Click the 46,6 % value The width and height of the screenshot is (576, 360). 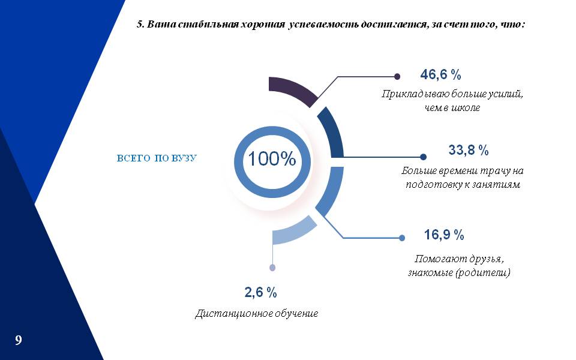(440, 75)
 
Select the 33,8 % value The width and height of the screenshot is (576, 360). (469, 150)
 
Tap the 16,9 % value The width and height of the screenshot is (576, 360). (444, 235)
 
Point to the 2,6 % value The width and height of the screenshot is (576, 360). (260, 292)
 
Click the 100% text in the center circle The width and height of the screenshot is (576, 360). (272, 158)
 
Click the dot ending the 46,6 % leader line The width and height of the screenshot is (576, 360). (397, 76)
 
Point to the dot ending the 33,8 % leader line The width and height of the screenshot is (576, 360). (423, 157)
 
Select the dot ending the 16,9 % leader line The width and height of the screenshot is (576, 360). (402, 238)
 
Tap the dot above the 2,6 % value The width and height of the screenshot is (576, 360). (272, 268)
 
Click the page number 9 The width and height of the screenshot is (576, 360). (19, 340)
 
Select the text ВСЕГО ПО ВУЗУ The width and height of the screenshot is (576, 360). (157, 158)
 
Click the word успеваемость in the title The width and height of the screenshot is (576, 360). (323, 25)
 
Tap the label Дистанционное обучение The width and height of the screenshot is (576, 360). (256, 314)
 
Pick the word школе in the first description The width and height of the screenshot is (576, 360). (466, 108)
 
